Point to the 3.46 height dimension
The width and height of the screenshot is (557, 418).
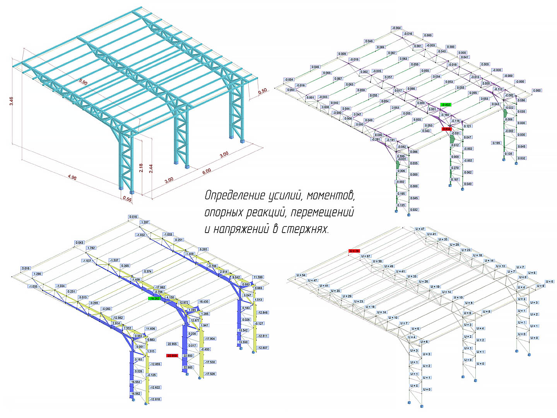(x=12, y=101)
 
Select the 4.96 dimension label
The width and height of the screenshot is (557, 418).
(x=72, y=177)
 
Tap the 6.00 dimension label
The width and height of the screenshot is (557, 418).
(x=207, y=171)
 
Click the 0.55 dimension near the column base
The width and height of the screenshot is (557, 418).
(x=127, y=199)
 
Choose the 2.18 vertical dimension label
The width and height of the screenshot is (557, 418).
(x=141, y=168)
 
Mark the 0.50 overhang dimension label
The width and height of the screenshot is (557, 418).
(x=263, y=91)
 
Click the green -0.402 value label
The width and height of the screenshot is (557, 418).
(x=446, y=105)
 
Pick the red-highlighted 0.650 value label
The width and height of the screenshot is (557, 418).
(x=446, y=129)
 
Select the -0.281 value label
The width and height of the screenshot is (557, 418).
(x=376, y=139)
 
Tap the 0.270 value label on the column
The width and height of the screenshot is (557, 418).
(x=455, y=168)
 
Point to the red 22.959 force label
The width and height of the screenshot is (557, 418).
(x=172, y=355)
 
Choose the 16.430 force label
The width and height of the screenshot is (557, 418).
(x=203, y=302)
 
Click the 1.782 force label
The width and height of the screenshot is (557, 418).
(x=91, y=248)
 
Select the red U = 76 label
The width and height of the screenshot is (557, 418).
(x=354, y=251)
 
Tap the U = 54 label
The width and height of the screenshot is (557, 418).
(x=301, y=275)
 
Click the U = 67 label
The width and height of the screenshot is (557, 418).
(x=366, y=256)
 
